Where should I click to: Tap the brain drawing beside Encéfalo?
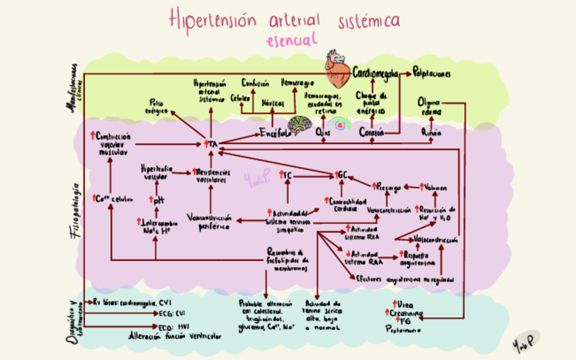[299, 125]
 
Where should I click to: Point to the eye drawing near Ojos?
[340, 125]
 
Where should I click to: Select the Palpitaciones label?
[435, 73]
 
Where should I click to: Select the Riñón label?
[431, 132]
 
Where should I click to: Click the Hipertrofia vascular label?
[156, 172]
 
